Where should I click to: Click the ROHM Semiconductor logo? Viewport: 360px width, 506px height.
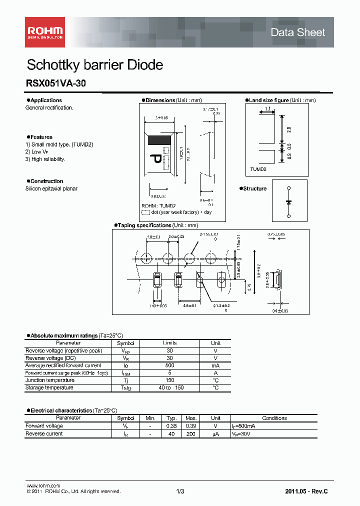45,32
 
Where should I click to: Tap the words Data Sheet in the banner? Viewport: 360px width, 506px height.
297,32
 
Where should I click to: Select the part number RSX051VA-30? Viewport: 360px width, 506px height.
55,84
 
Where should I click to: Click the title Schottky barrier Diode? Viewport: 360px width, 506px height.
94,65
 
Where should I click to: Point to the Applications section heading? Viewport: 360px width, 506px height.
46,100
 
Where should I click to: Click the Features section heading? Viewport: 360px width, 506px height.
41,137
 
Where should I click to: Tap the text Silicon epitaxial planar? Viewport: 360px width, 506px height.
51,188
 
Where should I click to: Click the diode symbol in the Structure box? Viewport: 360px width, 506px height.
288,202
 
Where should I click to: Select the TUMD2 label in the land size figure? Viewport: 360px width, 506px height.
258,169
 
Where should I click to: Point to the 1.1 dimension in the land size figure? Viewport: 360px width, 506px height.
267,108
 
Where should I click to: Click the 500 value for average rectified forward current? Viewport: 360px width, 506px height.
170,365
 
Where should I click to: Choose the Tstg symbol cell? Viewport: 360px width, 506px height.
125,388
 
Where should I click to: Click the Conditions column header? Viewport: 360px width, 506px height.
274,418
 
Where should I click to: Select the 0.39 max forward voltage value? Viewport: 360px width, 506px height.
190,426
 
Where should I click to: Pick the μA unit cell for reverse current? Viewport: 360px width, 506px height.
215,434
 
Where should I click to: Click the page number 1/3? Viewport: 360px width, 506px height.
180,491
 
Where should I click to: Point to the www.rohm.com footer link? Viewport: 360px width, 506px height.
43,486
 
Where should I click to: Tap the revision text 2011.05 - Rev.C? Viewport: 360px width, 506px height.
306,491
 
